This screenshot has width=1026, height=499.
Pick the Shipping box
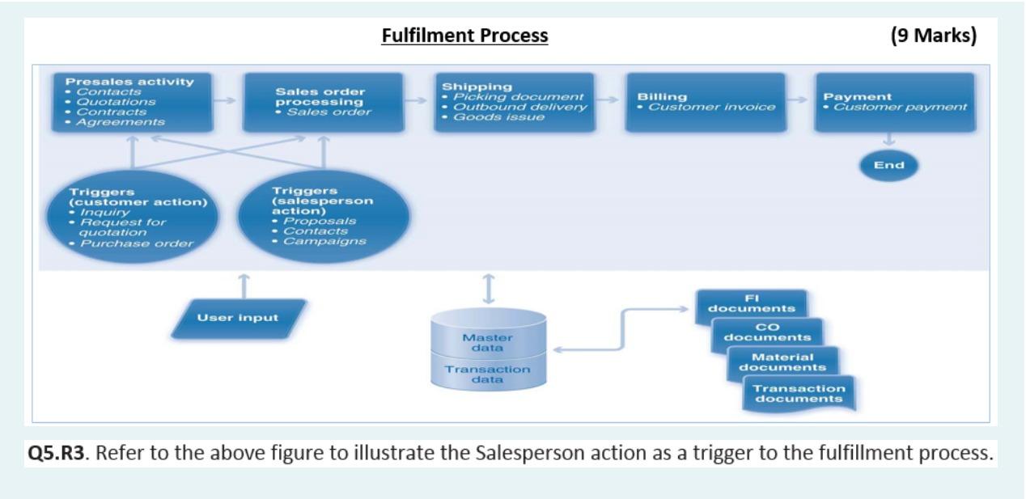[x=515, y=102]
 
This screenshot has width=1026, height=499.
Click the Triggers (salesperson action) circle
[x=323, y=214]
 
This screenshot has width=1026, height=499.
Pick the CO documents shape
[x=766, y=332]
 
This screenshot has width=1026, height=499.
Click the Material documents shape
[x=782, y=362]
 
